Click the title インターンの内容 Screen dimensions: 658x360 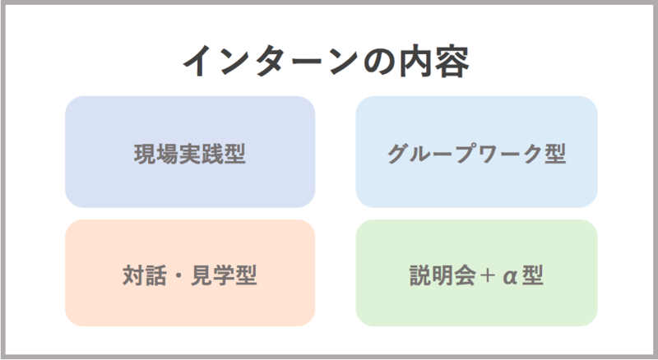pyautogui.click(x=326, y=62)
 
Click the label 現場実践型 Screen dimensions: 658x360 pyautogui.click(x=190, y=154)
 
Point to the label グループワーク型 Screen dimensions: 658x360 pyautogui.click(x=476, y=154)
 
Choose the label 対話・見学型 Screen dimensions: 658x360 pyautogui.click(x=190, y=275)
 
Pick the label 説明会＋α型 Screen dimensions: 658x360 pyautogui.click(x=476, y=275)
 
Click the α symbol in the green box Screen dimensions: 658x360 pyautogui.click(x=510, y=276)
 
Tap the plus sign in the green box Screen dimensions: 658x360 pyautogui.click(x=487, y=275)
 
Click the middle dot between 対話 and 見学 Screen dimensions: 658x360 pyautogui.click(x=178, y=275)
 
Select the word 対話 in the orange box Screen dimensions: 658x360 pyautogui.click(x=145, y=275)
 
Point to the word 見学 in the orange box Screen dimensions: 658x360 pyautogui.click(x=212, y=275)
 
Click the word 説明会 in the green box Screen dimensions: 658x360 pyautogui.click(x=443, y=275)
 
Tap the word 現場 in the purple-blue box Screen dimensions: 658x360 pyautogui.click(x=156, y=154)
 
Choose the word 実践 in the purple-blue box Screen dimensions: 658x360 pyautogui.click(x=201, y=154)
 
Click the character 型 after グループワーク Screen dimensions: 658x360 pyautogui.click(x=555, y=154)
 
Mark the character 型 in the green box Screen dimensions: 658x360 pyautogui.click(x=532, y=275)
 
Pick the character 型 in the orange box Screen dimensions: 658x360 pyautogui.click(x=246, y=275)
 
